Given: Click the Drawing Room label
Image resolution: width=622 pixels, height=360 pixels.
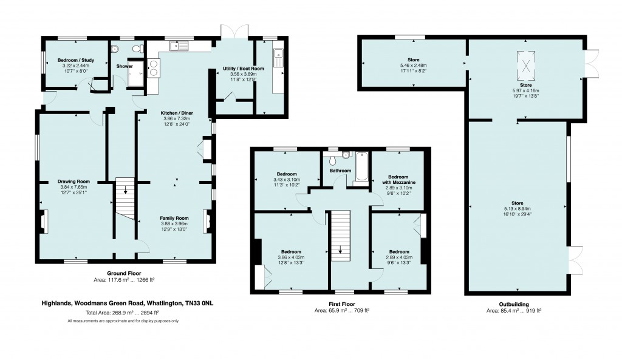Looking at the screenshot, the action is tap(73, 182).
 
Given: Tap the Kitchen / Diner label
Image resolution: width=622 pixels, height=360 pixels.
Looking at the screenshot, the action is tap(177, 113).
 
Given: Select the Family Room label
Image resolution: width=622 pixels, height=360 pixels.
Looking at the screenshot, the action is tap(174, 218).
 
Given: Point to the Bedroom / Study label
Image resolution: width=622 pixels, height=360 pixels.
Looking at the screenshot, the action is tap(76, 60).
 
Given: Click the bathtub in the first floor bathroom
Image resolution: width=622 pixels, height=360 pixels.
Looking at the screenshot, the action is tap(362, 167).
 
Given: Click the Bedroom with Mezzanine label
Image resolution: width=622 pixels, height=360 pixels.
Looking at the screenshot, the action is tap(398, 180).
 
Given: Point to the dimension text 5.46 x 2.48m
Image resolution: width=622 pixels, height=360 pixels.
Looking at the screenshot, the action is tap(413, 66).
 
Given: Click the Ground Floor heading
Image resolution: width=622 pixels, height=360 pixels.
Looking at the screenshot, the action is tap(124, 273).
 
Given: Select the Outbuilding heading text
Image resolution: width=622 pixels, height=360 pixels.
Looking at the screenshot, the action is tap(514, 305).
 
